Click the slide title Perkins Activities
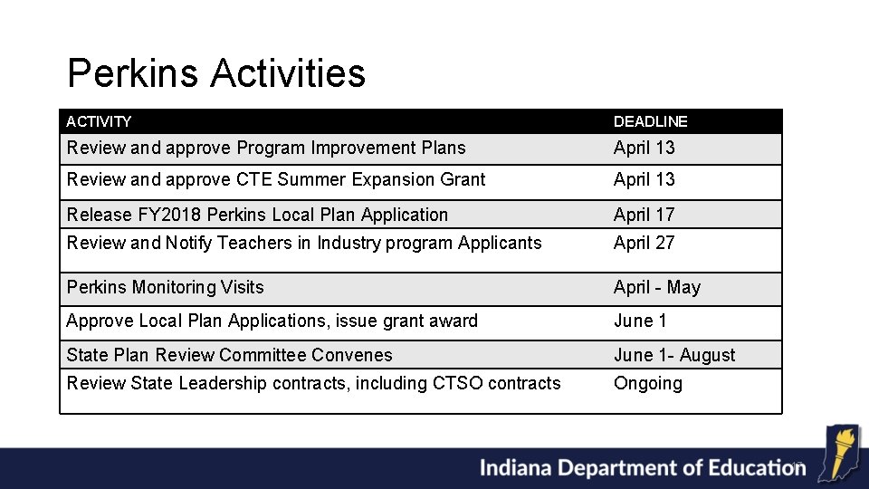(x=216, y=73)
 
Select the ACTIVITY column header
(x=99, y=121)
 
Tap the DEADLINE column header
(x=650, y=121)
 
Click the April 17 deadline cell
(x=644, y=215)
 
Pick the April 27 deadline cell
(x=644, y=243)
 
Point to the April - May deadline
(x=656, y=287)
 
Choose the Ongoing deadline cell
(x=647, y=383)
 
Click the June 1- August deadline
(x=674, y=355)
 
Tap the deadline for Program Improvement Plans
(x=644, y=148)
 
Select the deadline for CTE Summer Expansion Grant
(x=644, y=179)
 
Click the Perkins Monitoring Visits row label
(x=165, y=287)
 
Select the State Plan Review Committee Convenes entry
(x=229, y=355)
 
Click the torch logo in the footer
(x=837, y=454)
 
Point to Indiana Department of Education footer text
(x=641, y=468)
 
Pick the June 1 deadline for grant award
(x=640, y=321)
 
